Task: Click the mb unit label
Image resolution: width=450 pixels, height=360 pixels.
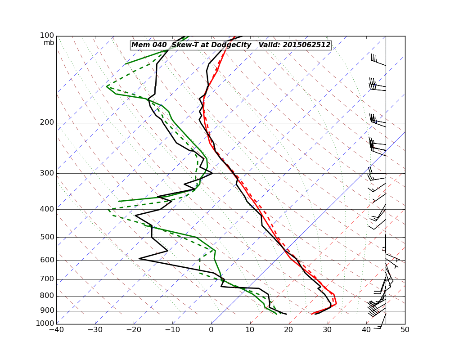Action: (49, 43)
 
